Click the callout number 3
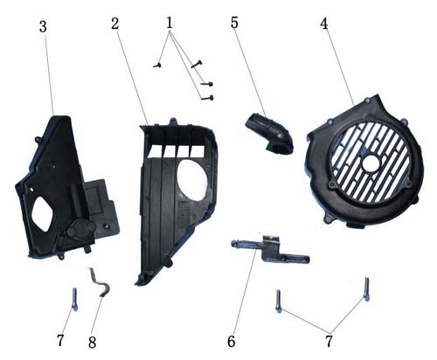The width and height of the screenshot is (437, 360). [x=43, y=27]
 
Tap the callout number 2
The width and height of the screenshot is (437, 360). [x=115, y=24]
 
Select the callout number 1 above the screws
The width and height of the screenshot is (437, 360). [x=170, y=23]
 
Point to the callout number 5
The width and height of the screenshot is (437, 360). [x=234, y=23]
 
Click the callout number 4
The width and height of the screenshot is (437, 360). [x=324, y=24]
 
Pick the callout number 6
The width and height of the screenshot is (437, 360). [x=232, y=342]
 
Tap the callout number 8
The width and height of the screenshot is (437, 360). [x=92, y=343]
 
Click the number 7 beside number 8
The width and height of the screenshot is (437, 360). [x=60, y=340]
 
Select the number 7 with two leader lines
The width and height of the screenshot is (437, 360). [x=329, y=342]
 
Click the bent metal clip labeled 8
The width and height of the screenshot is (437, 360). [x=102, y=283]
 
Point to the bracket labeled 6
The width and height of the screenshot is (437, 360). [x=269, y=249]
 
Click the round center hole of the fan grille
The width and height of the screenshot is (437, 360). [x=371, y=162]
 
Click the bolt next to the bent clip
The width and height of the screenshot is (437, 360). [x=75, y=300]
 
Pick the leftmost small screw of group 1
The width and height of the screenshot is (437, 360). [x=157, y=66]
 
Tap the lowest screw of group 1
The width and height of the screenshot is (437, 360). [x=207, y=98]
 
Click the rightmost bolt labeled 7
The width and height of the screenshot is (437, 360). [x=366, y=289]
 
